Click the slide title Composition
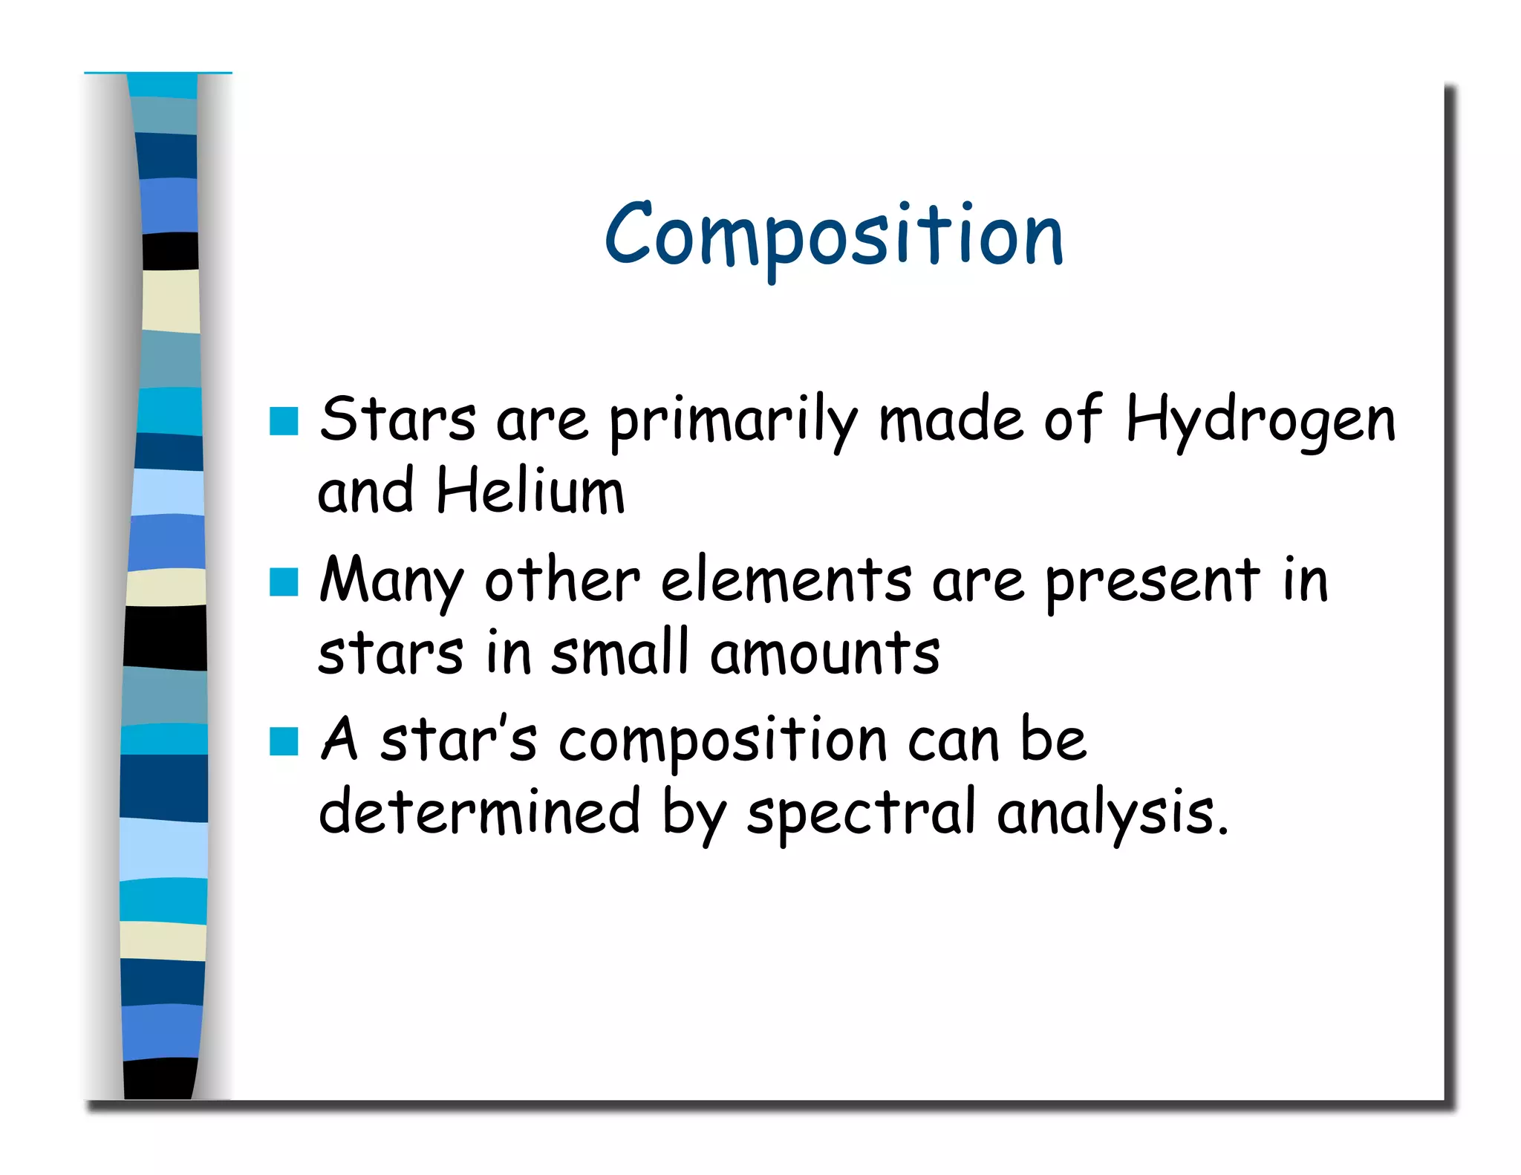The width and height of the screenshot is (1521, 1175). click(834, 236)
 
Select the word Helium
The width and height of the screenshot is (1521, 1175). click(530, 492)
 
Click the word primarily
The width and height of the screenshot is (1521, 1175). click(733, 422)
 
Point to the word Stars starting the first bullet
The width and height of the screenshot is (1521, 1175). click(397, 420)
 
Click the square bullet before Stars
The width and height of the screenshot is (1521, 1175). click(284, 421)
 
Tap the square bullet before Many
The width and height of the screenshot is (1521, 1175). click(284, 582)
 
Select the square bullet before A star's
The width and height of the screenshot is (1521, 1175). click(284, 741)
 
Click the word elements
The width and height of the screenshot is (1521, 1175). click(786, 581)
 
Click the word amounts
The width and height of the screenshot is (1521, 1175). click(824, 654)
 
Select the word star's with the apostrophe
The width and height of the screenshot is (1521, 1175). click(458, 740)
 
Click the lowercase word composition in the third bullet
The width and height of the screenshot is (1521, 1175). click(723, 743)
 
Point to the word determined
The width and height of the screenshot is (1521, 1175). click(479, 813)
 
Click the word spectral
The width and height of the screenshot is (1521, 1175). click(861, 814)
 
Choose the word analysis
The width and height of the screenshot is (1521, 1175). click(1111, 814)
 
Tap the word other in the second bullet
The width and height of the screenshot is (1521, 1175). click(561, 581)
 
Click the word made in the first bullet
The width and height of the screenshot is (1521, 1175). click(951, 420)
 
